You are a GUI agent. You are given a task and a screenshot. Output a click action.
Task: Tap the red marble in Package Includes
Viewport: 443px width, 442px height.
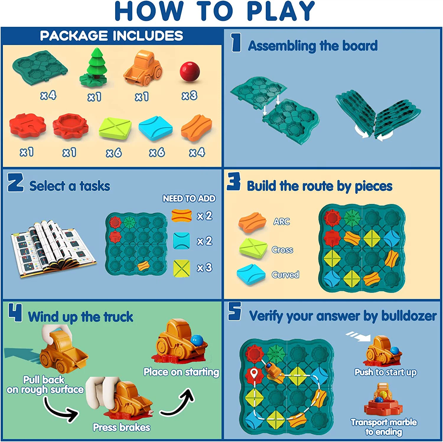pyautogui.click(x=190, y=71)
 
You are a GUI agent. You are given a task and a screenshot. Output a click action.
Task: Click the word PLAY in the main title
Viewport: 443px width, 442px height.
pyautogui.click(x=281, y=11)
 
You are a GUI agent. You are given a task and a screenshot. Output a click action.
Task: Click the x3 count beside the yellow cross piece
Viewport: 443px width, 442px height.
pyautogui.click(x=204, y=268)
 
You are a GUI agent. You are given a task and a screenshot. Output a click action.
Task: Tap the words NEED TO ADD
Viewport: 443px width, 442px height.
pyautogui.click(x=189, y=198)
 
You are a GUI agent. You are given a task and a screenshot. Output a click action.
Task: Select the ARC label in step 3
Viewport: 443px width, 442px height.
pyautogui.click(x=281, y=221)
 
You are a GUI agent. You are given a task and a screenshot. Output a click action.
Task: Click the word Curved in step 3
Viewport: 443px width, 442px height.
pyautogui.click(x=285, y=275)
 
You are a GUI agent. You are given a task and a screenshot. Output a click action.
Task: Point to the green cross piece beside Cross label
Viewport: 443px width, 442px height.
pyautogui.click(x=253, y=248)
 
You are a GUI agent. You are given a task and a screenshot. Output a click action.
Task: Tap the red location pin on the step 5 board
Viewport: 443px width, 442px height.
pyautogui.click(x=254, y=374)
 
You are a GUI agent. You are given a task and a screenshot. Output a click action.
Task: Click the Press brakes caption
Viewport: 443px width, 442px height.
pyautogui.click(x=122, y=427)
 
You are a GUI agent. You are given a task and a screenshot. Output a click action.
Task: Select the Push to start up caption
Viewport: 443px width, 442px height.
pyautogui.click(x=385, y=372)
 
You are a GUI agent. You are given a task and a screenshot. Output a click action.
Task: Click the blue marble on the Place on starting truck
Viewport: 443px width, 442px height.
pyautogui.click(x=197, y=340)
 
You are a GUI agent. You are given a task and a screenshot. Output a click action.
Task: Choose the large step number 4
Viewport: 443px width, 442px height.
pyautogui.click(x=15, y=312)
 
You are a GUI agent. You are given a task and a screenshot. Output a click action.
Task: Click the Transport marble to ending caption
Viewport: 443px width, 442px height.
pyautogui.click(x=384, y=427)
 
